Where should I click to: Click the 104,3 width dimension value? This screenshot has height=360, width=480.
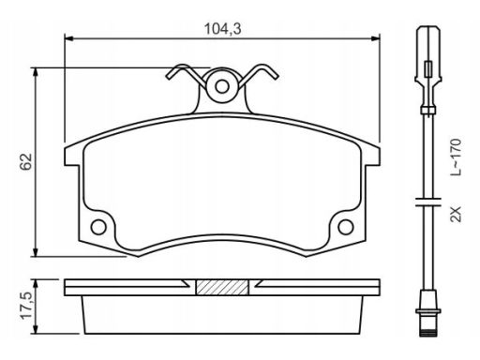click(222, 29)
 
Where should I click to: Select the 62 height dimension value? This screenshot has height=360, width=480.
click(26, 161)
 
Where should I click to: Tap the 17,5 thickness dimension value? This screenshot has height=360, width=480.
click(26, 306)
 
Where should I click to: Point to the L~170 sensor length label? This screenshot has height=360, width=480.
click(456, 157)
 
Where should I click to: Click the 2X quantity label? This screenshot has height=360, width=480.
click(456, 214)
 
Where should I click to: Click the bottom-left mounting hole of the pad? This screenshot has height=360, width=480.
click(98, 227)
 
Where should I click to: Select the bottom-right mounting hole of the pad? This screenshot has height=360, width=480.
click(346, 227)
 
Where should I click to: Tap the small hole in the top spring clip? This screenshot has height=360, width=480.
click(222, 86)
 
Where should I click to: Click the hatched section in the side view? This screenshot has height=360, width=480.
click(222, 287)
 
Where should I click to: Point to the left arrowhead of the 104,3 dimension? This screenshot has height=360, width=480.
click(68, 38)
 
